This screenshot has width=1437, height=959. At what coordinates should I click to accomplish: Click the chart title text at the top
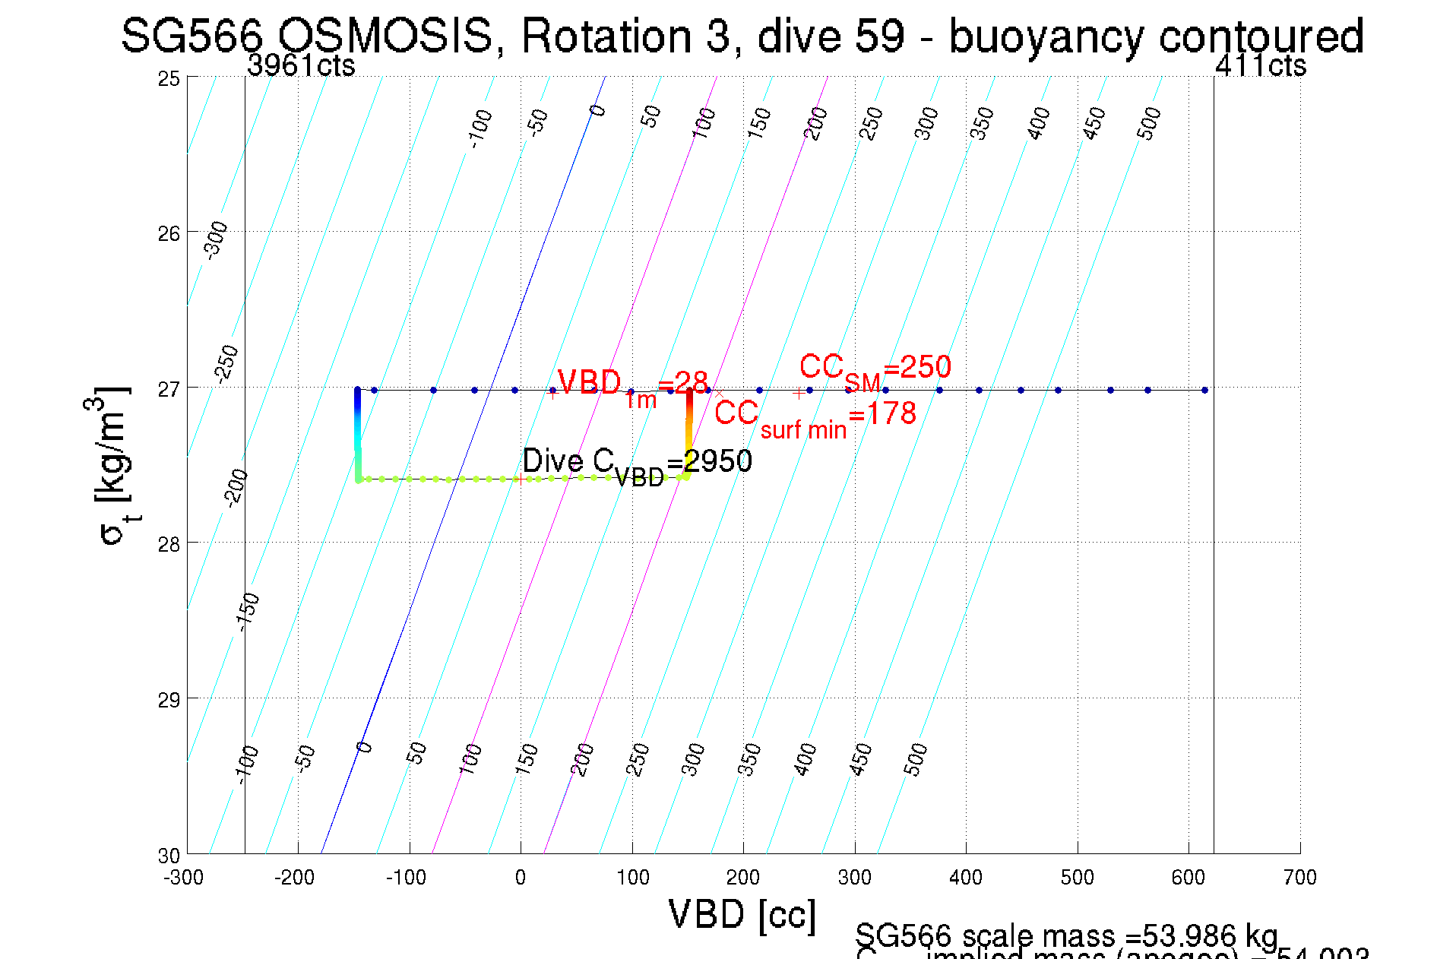[742, 36]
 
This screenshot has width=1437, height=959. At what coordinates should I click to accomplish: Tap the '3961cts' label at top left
[301, 66]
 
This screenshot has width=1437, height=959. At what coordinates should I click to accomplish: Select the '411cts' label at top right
[1260, 66]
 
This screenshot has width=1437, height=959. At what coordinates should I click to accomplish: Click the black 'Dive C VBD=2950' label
[637, 463]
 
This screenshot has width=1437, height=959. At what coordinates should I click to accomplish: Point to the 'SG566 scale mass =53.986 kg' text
[1066, 935]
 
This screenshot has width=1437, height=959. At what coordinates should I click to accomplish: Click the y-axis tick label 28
[169, 544]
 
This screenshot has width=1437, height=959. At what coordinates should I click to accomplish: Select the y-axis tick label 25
[169, 78]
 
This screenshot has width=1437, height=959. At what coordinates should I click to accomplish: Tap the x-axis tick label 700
[1299, 878]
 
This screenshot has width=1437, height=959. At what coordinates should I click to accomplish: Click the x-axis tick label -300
[184, 878]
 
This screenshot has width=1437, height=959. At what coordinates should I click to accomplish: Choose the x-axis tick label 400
[965, 878]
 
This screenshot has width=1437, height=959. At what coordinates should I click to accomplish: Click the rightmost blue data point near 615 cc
[1205, 390]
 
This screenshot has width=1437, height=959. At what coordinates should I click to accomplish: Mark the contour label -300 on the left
[217, 239]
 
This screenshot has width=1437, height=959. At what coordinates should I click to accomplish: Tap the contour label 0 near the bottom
[365, 748]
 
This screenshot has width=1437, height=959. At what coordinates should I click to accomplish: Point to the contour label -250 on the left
[226, 364]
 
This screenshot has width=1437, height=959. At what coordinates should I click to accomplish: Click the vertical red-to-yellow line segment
[688, 426]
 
